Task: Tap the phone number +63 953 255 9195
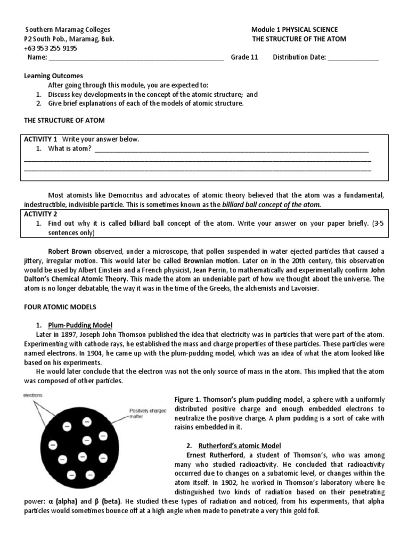[x=51, y=48]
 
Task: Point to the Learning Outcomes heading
[x=53, y=76]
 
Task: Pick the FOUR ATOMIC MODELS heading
[x=60, y=308]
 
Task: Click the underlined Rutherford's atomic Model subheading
[x=241, y=445]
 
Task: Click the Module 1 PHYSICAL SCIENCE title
[x=294, y=30]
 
